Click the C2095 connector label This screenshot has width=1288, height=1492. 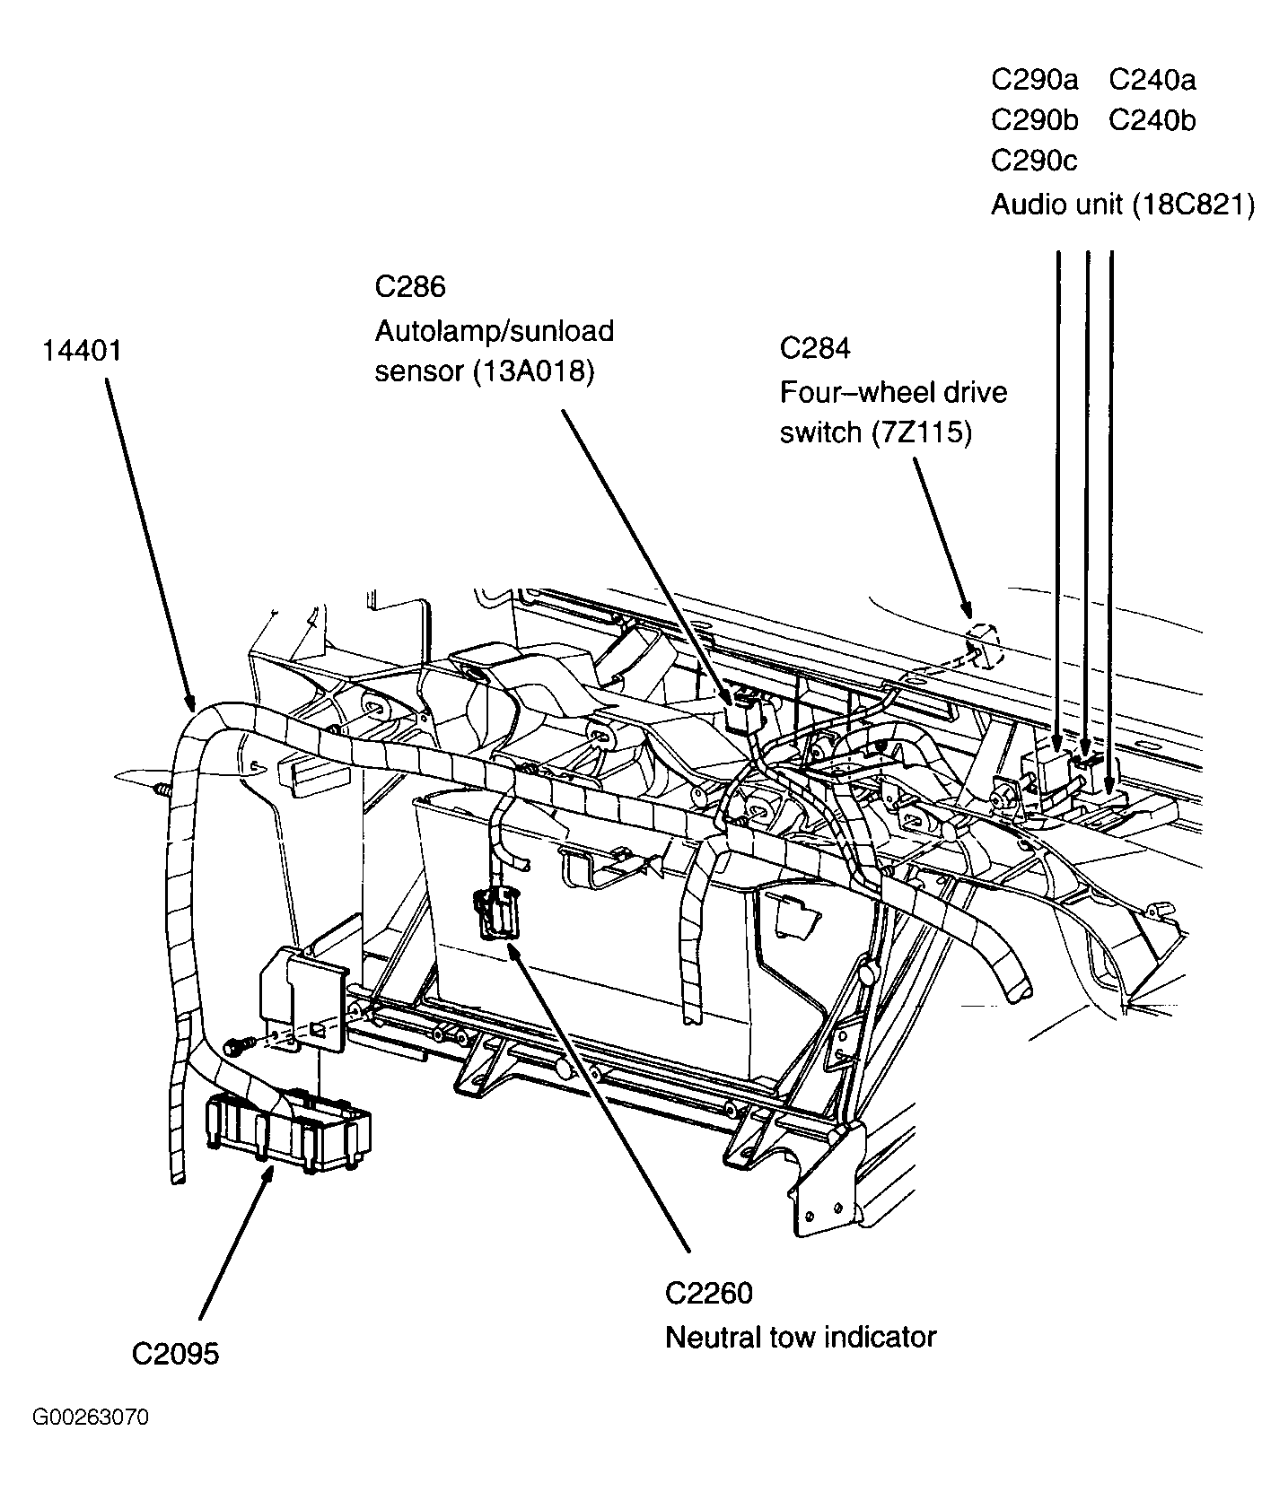tap(175, 1353)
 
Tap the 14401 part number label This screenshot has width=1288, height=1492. tap(81, 350)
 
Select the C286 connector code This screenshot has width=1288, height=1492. tap(409, 287)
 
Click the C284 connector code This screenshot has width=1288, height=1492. tap(814, 348)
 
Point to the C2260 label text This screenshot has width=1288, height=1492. tap(708, 1293)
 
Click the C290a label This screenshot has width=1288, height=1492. tap(1034, 80)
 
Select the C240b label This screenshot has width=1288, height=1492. tap(1152, 120)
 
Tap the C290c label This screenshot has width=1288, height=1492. tap(1033, 161)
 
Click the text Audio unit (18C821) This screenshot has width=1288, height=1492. tap(1122, 205)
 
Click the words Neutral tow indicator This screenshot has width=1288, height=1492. tap(800, 1338)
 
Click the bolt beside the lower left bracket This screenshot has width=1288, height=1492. tap(234, 1045)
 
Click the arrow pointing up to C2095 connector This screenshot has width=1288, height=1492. tap(233, 1247)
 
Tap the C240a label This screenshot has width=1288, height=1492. tap(1152, 80)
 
